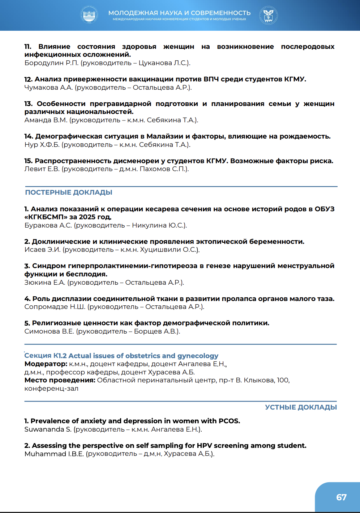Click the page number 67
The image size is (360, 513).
[x=341, y=497]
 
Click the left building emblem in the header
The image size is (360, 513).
[x=89, y=15]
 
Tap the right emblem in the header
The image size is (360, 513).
[x=268, y=15]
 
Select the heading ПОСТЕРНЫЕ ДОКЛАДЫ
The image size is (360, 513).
[x=69, y=192]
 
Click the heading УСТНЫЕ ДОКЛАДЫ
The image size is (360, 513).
[x=301, y=407]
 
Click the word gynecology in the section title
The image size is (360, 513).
[x=198, y=356]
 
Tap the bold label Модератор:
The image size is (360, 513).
[x=46, y=364]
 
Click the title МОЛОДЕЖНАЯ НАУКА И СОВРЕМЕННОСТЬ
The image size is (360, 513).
[x=179, y=13]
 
